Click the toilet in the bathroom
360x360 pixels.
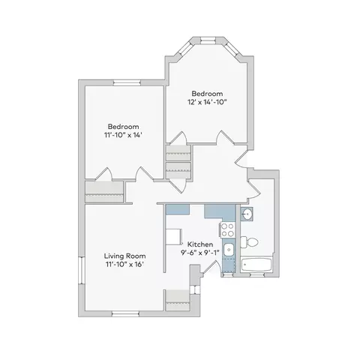tap(249, 242)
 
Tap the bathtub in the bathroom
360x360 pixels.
tap(256, 265)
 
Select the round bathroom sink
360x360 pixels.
tap(247, 214)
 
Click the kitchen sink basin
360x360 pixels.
tap(228, 250)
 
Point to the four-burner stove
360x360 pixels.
tap(227, 230)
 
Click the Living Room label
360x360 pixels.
tap(124, 256)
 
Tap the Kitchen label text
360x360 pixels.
tap(200, 244)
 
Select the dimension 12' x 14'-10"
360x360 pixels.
tap(207, 102)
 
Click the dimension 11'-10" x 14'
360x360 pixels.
tap(123, 135)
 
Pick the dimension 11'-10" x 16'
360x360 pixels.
tap(124, 264)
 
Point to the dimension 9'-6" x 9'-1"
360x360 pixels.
tap(200, 253)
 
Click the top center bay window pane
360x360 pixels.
tap(208, 40)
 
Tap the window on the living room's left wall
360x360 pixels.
tap(82, 270)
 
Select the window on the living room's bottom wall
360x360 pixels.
tap(125, 314)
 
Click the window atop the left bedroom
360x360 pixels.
tap(127, 82)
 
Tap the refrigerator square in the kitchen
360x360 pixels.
tap(173, 236)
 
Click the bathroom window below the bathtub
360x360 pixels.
tap(257, 274)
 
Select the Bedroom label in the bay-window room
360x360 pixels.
tap(207, 94)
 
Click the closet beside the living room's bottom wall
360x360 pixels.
tap(178, 300)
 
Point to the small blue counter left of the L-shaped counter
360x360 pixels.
tap(178, 209)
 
